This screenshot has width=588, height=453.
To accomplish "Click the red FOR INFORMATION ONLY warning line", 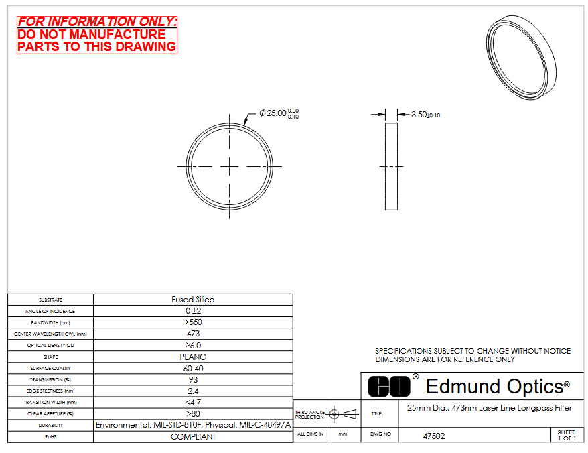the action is (x=96, y=21).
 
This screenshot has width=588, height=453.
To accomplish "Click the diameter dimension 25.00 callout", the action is (x=279, y=113).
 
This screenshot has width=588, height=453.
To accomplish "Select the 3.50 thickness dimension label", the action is (x=426, y=115).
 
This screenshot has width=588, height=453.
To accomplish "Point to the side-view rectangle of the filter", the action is (x=391, y=166).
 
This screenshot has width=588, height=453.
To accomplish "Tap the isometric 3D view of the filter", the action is (x=521, y=58).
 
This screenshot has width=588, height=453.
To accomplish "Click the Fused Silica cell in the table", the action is (x=193, y=300).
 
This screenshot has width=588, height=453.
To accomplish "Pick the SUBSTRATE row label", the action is (x=51, y=300).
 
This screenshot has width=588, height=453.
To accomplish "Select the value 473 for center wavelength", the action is (x=193, y=334).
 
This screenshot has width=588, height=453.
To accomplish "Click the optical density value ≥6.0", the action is (x=193, y=345).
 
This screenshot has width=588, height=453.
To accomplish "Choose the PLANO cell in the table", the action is (x=193, y=357).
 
